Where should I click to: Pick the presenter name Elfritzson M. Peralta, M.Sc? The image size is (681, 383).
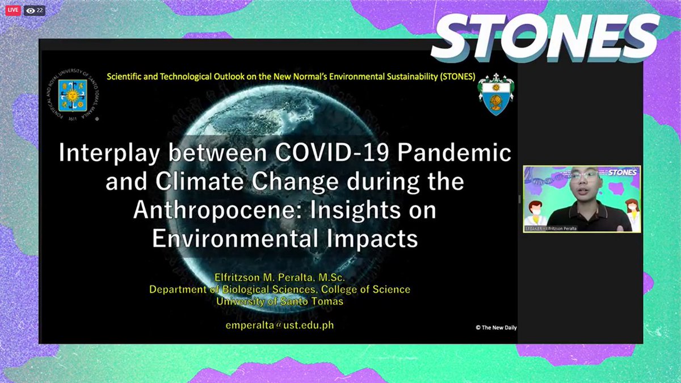[280, 277]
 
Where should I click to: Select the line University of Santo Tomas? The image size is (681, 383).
[280, 301]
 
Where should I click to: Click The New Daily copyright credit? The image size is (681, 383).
[496, 327]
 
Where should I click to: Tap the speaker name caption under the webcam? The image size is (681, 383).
[553, 228]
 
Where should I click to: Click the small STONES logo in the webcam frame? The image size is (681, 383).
[622, 172]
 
